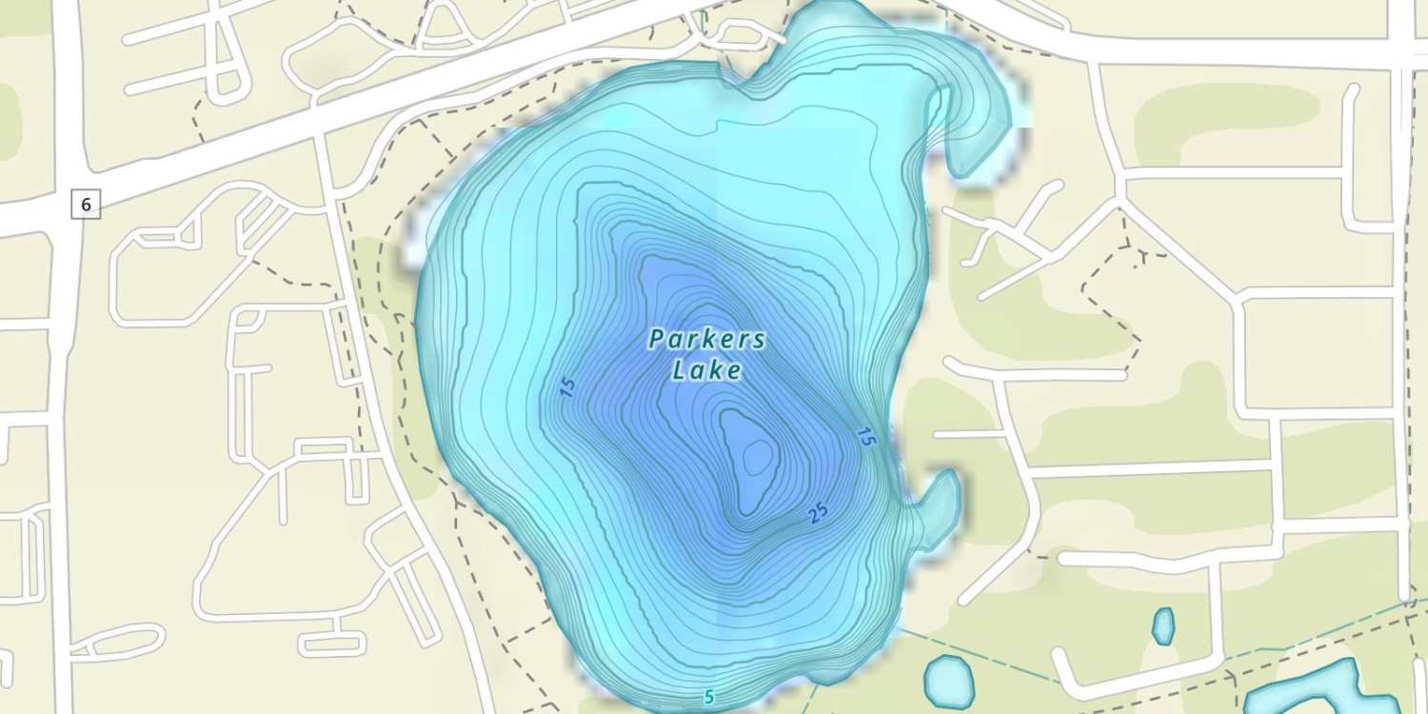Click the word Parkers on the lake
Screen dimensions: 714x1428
707,340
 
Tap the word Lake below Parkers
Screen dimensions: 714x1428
707,370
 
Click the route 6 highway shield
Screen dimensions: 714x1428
86,204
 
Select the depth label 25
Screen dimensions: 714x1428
818,513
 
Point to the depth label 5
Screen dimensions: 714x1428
708,698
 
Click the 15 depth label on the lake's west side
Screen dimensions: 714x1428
568,387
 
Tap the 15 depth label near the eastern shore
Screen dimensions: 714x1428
865,437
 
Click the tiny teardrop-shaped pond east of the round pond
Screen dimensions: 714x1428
1162,625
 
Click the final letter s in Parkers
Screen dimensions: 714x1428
758,341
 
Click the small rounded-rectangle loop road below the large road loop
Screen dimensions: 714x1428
331,644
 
